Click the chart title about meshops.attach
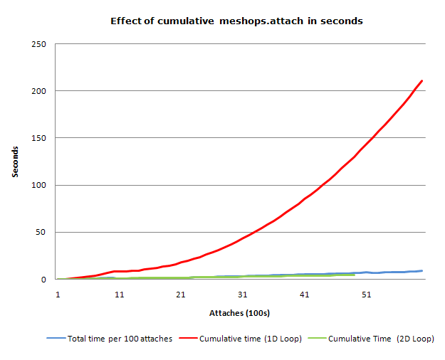[236, 21]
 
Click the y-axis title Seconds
[16, 162]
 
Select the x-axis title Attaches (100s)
[239, 313]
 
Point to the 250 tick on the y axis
[39, 44]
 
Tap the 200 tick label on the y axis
[39, 91]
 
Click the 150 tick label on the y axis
[39, 138]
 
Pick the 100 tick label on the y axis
[39, 185]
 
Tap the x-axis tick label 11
[120, 294]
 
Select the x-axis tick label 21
[181, 294]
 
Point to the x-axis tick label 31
[243, 294]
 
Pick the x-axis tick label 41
[304, 294]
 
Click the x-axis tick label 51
[366, 294]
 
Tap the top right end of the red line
[422, 80]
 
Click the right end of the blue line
[422, 270]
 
